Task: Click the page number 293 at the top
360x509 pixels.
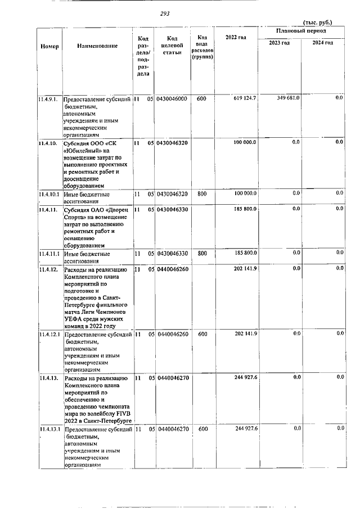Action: tap(165, 13)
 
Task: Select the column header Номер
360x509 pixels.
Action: tap(49, 46)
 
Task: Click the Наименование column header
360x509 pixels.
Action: tap(97, 46)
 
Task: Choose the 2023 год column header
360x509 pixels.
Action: tap(279, 43)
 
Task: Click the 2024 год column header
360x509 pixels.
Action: tap(322, 43)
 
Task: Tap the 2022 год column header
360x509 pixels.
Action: tap(236, 37)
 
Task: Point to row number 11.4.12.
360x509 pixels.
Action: tap(48, 269)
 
